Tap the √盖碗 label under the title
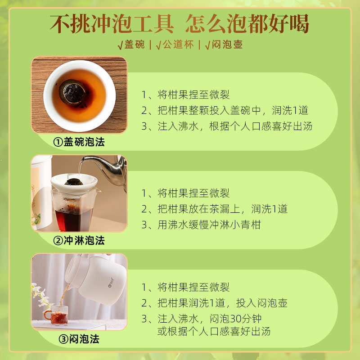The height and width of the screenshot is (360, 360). click(131, 45)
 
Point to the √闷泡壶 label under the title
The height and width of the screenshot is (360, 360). click(224, 45)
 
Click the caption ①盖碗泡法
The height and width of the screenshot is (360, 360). click(79, 142)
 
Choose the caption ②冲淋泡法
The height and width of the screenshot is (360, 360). click(79, 241)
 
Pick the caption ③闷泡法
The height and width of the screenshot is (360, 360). click(79, 339)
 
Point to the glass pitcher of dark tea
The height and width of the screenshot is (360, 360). click(74, 211)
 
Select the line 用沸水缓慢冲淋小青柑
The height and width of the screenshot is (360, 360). click(209, 225)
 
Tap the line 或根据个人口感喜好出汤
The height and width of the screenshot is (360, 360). click(214, 332)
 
